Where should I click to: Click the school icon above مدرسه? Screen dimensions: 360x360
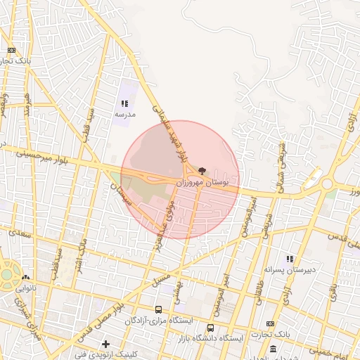(124, 104)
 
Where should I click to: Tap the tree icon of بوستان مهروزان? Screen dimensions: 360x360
(202, 171)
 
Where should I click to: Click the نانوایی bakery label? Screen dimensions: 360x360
(26, 288)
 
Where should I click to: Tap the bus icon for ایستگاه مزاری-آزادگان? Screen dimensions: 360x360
(157, 309)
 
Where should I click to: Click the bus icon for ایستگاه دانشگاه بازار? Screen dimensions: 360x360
(211, 328)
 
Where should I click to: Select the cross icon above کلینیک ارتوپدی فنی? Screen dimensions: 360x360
(105, 344)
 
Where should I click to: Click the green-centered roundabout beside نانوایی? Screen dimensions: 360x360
(6, 275)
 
